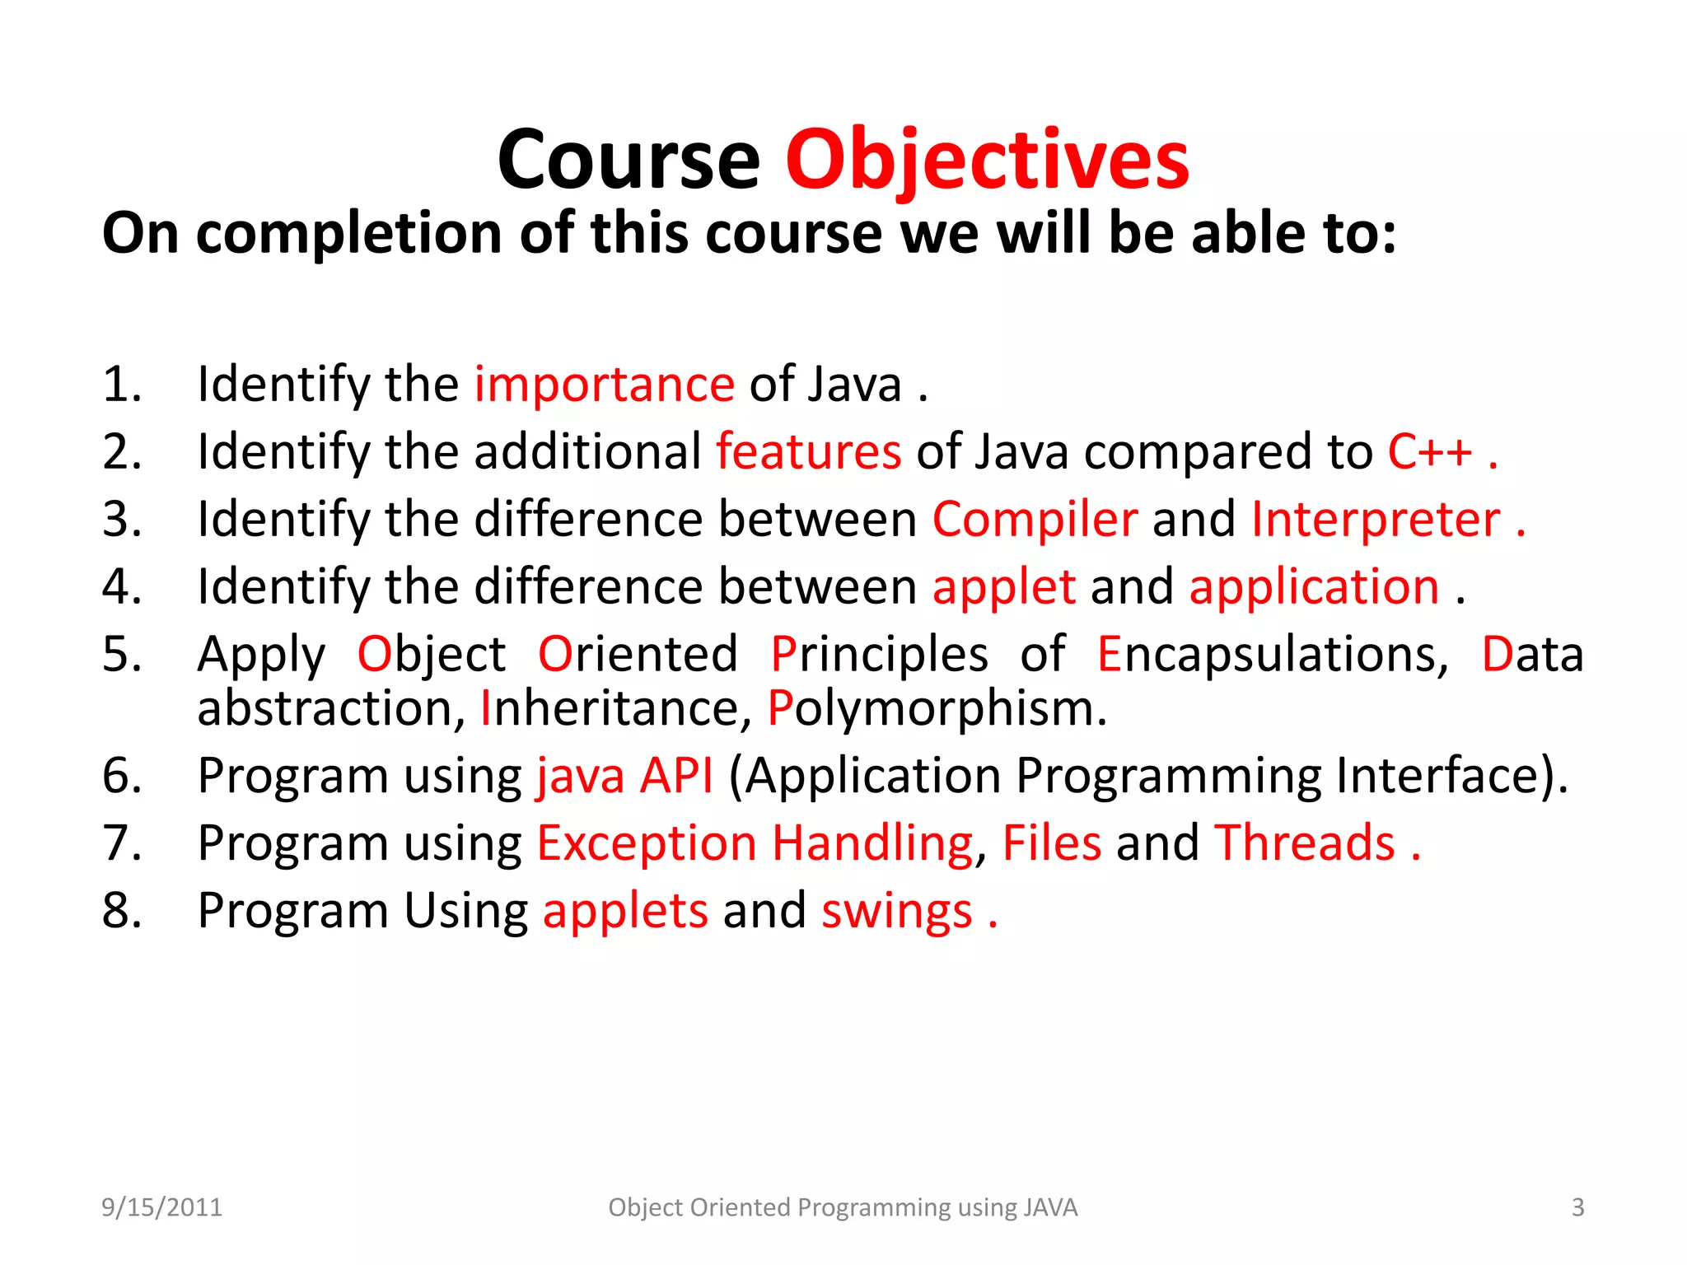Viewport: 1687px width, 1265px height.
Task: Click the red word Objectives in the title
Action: (987, 161)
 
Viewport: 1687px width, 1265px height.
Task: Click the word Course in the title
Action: (629, 161)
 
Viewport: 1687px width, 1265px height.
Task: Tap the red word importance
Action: (604, 385)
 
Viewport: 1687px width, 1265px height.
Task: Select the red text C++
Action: (1429, 452)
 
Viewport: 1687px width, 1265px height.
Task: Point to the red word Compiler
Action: (1035, 520)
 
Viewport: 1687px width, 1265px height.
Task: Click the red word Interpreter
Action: (1375, 520)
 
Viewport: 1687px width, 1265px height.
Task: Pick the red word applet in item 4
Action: (1003, 587)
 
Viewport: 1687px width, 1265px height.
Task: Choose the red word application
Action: (1314, 587)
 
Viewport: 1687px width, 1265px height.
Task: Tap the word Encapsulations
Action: (1272, 655)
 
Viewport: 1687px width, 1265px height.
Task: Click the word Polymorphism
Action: (937, 708)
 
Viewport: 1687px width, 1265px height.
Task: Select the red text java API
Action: (624, 776)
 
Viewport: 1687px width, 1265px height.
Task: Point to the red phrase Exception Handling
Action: (755, 843)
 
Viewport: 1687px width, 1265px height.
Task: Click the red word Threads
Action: (1305, 843)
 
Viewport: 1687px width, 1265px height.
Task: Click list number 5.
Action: (122, 655)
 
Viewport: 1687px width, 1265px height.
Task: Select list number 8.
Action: (122, 911)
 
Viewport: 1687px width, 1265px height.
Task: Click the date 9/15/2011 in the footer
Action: (161, 1207)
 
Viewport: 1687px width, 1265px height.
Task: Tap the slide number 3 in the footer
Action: (1577, 1207)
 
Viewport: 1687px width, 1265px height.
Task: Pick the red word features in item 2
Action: (808, 452)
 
